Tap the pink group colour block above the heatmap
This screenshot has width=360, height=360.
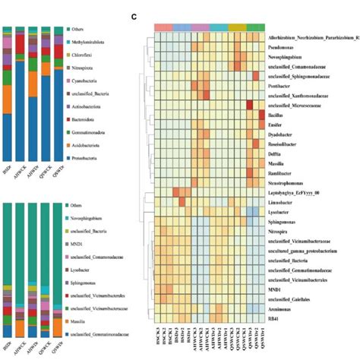tap(163, 27)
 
